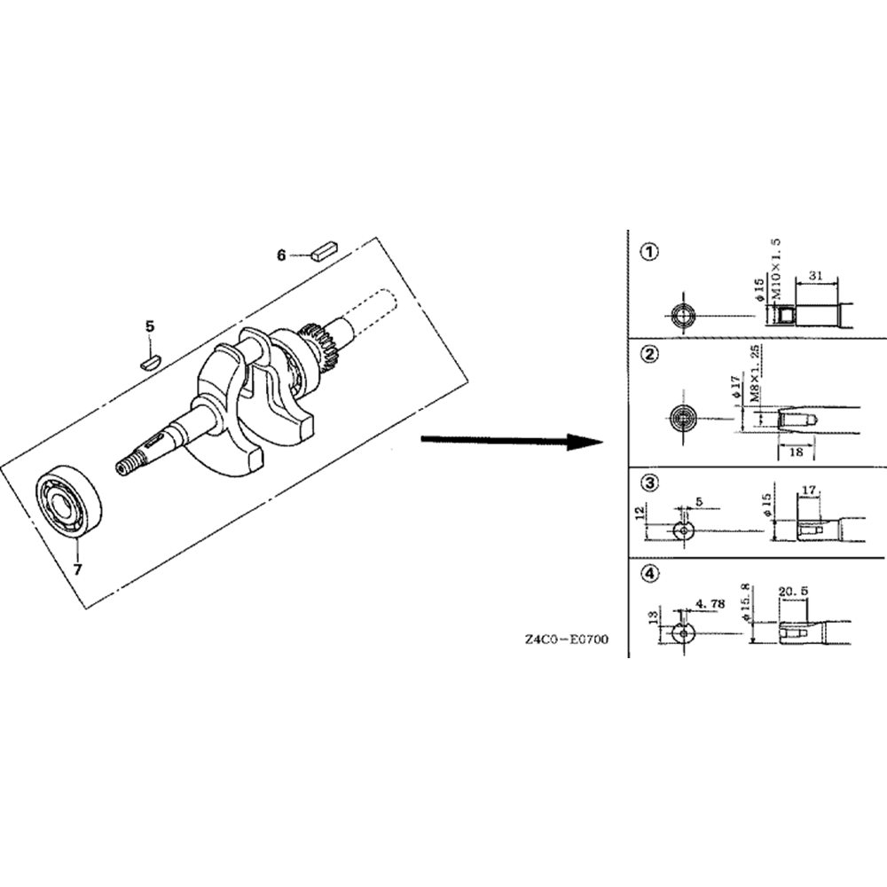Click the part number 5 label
click(x=150, y=326)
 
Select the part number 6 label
click(x=281, y=255)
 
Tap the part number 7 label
click(x=77, y=569)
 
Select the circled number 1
click(x=651, y=252)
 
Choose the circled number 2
click(x=651, y=355)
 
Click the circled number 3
click(x=651, y=483)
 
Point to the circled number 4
click(x=651, y=574)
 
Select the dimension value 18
click(x=795, y=451)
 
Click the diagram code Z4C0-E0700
click(x=565, y=639)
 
